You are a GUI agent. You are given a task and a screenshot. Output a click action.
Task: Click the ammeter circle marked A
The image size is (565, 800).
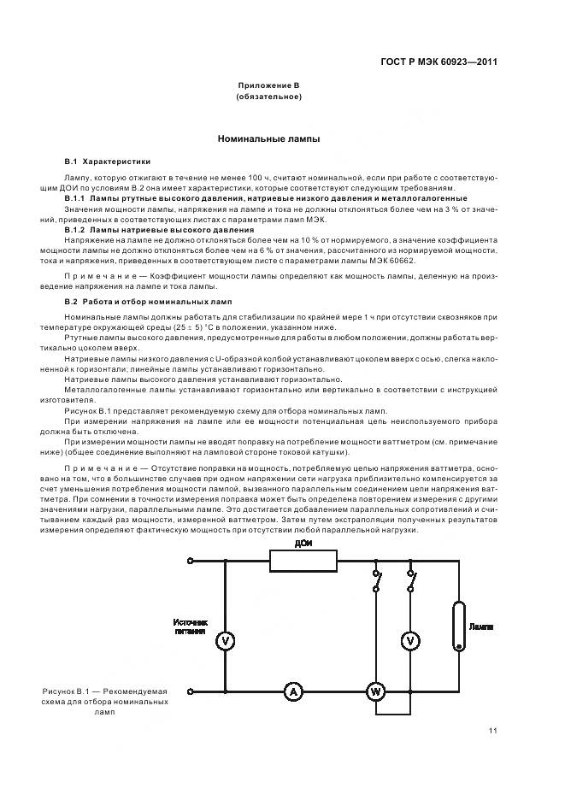tap(293, 692)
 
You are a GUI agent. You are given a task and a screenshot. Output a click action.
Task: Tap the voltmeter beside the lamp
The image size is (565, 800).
tap(411, 640)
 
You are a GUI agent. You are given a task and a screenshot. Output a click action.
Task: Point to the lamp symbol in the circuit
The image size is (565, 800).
tap(460, 627)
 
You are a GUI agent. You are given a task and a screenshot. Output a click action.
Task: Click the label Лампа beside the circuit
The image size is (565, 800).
tap(481, 626)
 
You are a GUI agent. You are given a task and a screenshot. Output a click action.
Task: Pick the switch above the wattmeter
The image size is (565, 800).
tap(375, 585)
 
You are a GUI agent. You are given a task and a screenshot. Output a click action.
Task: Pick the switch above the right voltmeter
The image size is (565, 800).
tap(411, 585)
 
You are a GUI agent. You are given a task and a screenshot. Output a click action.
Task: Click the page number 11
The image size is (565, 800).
tap(493, 730)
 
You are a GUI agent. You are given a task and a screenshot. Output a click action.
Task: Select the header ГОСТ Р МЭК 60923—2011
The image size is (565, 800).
tap(439, 62)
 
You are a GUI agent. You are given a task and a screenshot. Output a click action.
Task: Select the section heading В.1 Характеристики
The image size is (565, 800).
tap(108, 161)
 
